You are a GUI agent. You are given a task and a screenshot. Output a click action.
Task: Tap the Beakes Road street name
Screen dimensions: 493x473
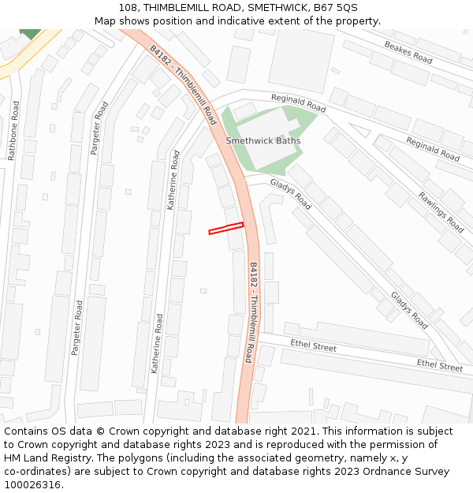(x=408, y=52)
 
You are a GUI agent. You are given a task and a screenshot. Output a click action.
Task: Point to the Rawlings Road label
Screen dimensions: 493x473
(x=441, y=211)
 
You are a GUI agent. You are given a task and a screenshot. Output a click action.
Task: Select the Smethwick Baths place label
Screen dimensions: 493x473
(x=263, y=141)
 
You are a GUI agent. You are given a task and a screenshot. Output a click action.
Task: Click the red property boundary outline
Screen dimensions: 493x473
(x=226, y=229)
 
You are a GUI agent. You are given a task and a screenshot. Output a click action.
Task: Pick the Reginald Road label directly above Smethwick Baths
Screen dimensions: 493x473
(x=298, y=103)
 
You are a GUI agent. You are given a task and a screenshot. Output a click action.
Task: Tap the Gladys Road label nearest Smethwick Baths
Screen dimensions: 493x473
(x=290, y=194)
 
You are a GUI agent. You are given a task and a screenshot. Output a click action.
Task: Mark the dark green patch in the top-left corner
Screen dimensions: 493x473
(x=30, y=34)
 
